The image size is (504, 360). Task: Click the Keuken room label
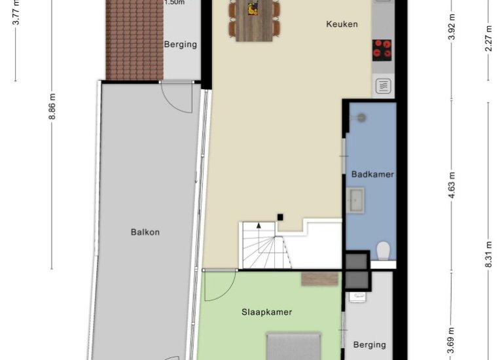342,24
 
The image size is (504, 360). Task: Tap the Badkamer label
372,175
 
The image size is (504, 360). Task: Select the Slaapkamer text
267,312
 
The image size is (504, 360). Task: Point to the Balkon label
145,232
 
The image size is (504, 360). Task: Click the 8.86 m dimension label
52,107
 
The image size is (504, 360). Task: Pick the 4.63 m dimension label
452,185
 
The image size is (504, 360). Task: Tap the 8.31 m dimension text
488,254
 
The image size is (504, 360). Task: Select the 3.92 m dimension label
452,27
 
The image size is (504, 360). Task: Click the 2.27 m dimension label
488,38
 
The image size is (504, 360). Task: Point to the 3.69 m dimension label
452,340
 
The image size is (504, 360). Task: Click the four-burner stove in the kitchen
382,50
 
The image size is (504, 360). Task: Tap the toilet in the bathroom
383,251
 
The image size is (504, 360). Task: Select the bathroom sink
355,200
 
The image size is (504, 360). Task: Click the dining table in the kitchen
254,20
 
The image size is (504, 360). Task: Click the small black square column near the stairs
280,217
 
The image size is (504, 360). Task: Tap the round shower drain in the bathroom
362,118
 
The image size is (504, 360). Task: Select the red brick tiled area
135,40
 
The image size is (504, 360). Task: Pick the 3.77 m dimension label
16,12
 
